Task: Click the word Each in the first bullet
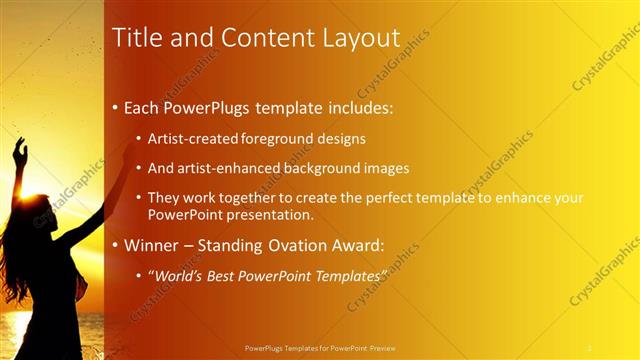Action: tap(142, 106)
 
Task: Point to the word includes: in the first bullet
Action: tap(352, 106)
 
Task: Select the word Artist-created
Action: tap(188, 139)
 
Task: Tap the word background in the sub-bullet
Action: tap(311, 169)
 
